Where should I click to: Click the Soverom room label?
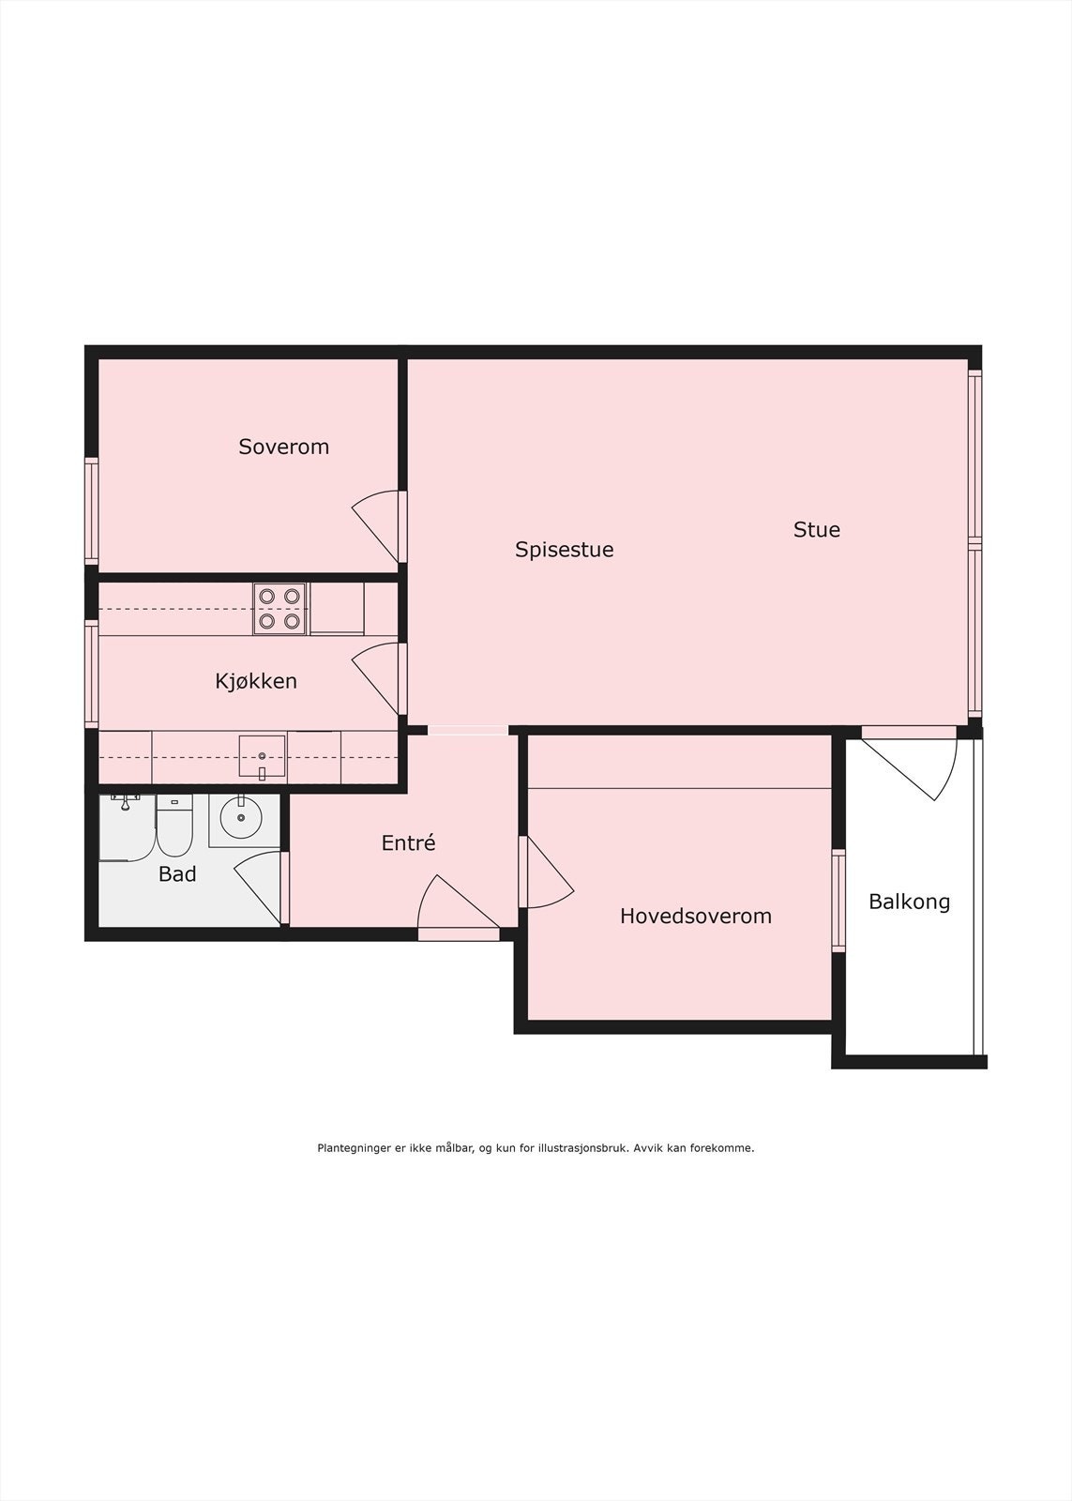click(283, 447)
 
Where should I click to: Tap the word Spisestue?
click(564, 550)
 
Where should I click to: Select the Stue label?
click(816, 530)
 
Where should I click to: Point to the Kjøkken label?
click(256, 681)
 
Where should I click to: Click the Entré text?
click(408, 843)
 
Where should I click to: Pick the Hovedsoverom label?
click(695, 917)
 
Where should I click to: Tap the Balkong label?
click(909, 902)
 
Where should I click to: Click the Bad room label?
click(177, 874)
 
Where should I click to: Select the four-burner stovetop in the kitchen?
click(280, 608)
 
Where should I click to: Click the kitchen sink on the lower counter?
click(262, 757)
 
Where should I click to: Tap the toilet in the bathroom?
click(174, 826)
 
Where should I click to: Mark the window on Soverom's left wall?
click(91, 510)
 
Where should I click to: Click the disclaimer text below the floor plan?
click(536, 1147)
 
